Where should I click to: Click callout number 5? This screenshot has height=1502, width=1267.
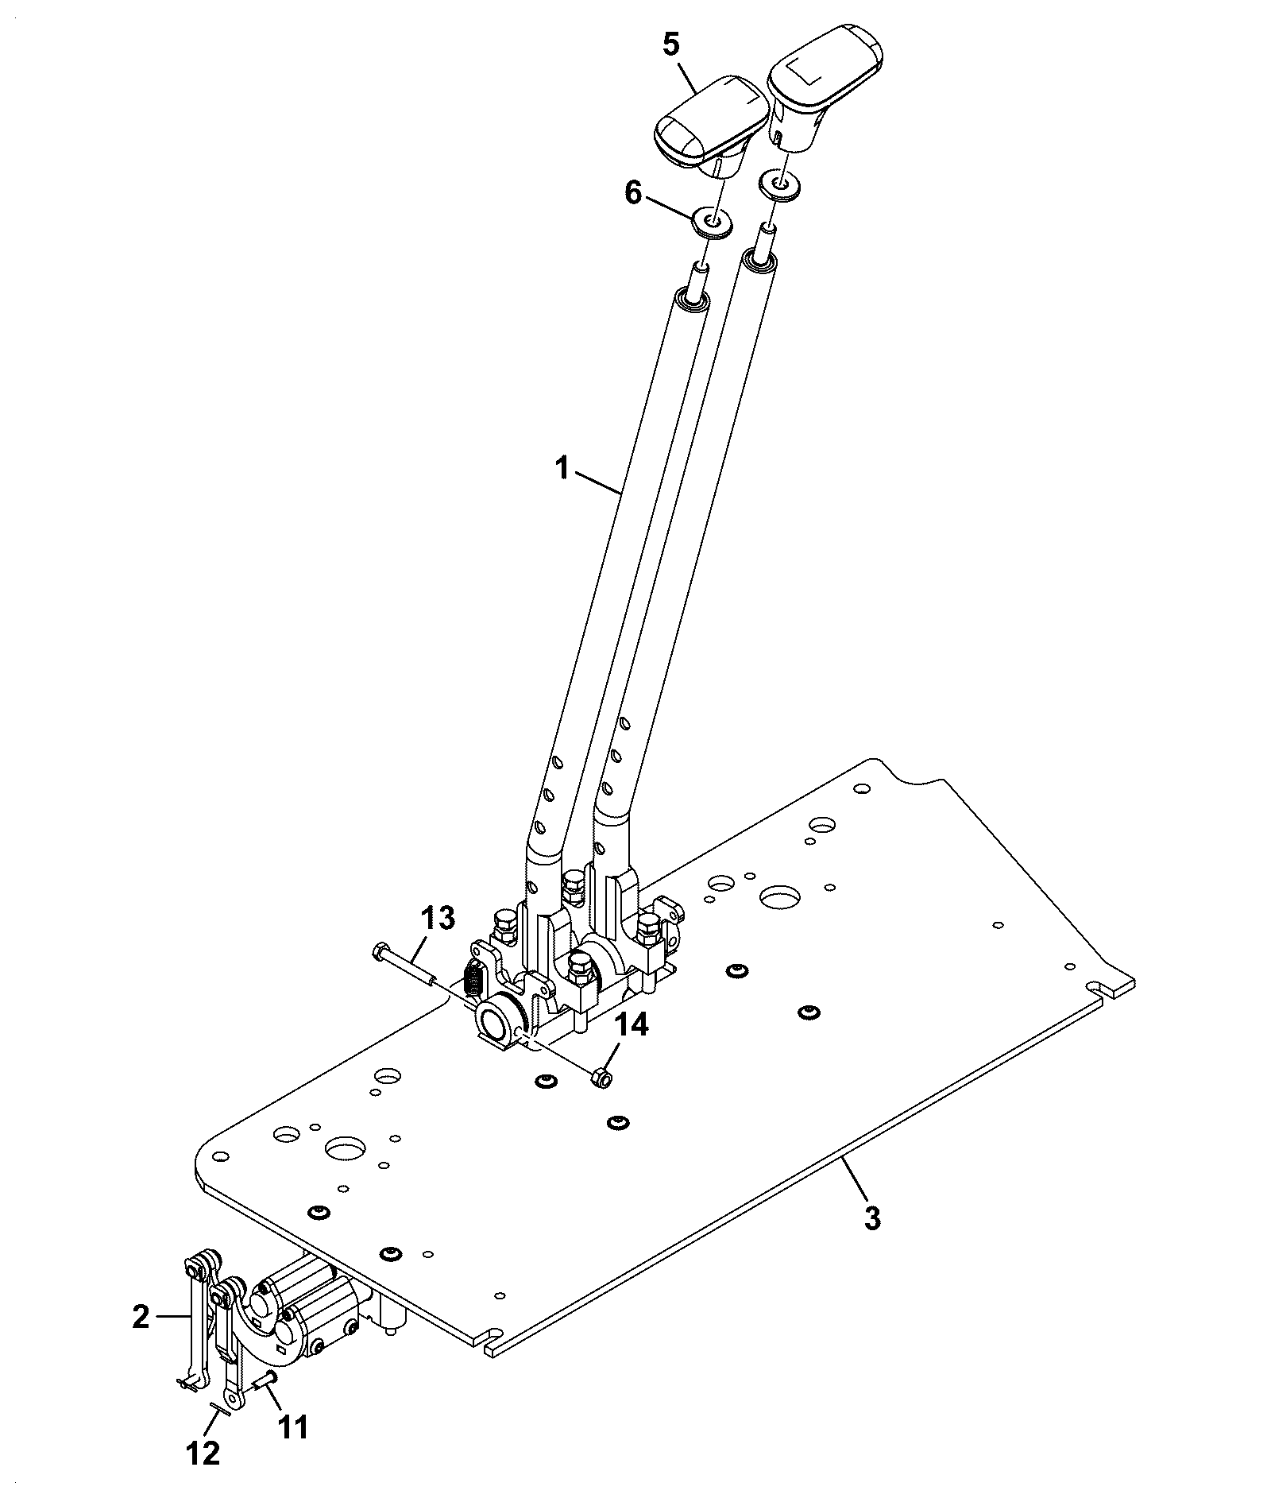pos(671,45)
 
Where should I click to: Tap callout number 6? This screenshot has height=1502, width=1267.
pos(633,193)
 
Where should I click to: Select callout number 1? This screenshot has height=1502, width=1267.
pos(562,469)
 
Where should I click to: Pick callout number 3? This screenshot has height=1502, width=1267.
pos(872,1218)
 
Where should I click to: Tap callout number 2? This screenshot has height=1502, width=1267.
pos(141,1317)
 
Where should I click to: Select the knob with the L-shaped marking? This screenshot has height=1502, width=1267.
pos(827,95)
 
